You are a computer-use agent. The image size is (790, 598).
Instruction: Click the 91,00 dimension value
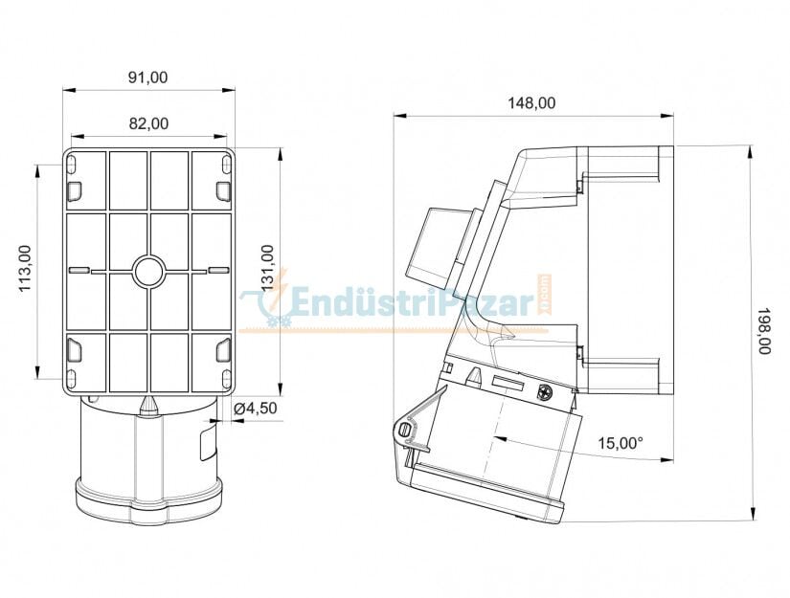(148, 78)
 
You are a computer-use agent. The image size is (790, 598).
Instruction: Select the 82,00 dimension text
(148, 122)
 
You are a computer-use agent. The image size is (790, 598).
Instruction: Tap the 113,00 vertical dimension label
(25, 269)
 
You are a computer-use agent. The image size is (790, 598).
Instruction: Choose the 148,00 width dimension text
(532, 103)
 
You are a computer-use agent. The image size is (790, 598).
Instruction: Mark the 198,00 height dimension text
(763, 332)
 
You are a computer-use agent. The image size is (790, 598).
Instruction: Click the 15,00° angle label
(621, 443)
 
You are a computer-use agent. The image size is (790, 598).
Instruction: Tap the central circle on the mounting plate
(148, 272)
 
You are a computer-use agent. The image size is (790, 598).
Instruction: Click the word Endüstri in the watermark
(354, 303)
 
